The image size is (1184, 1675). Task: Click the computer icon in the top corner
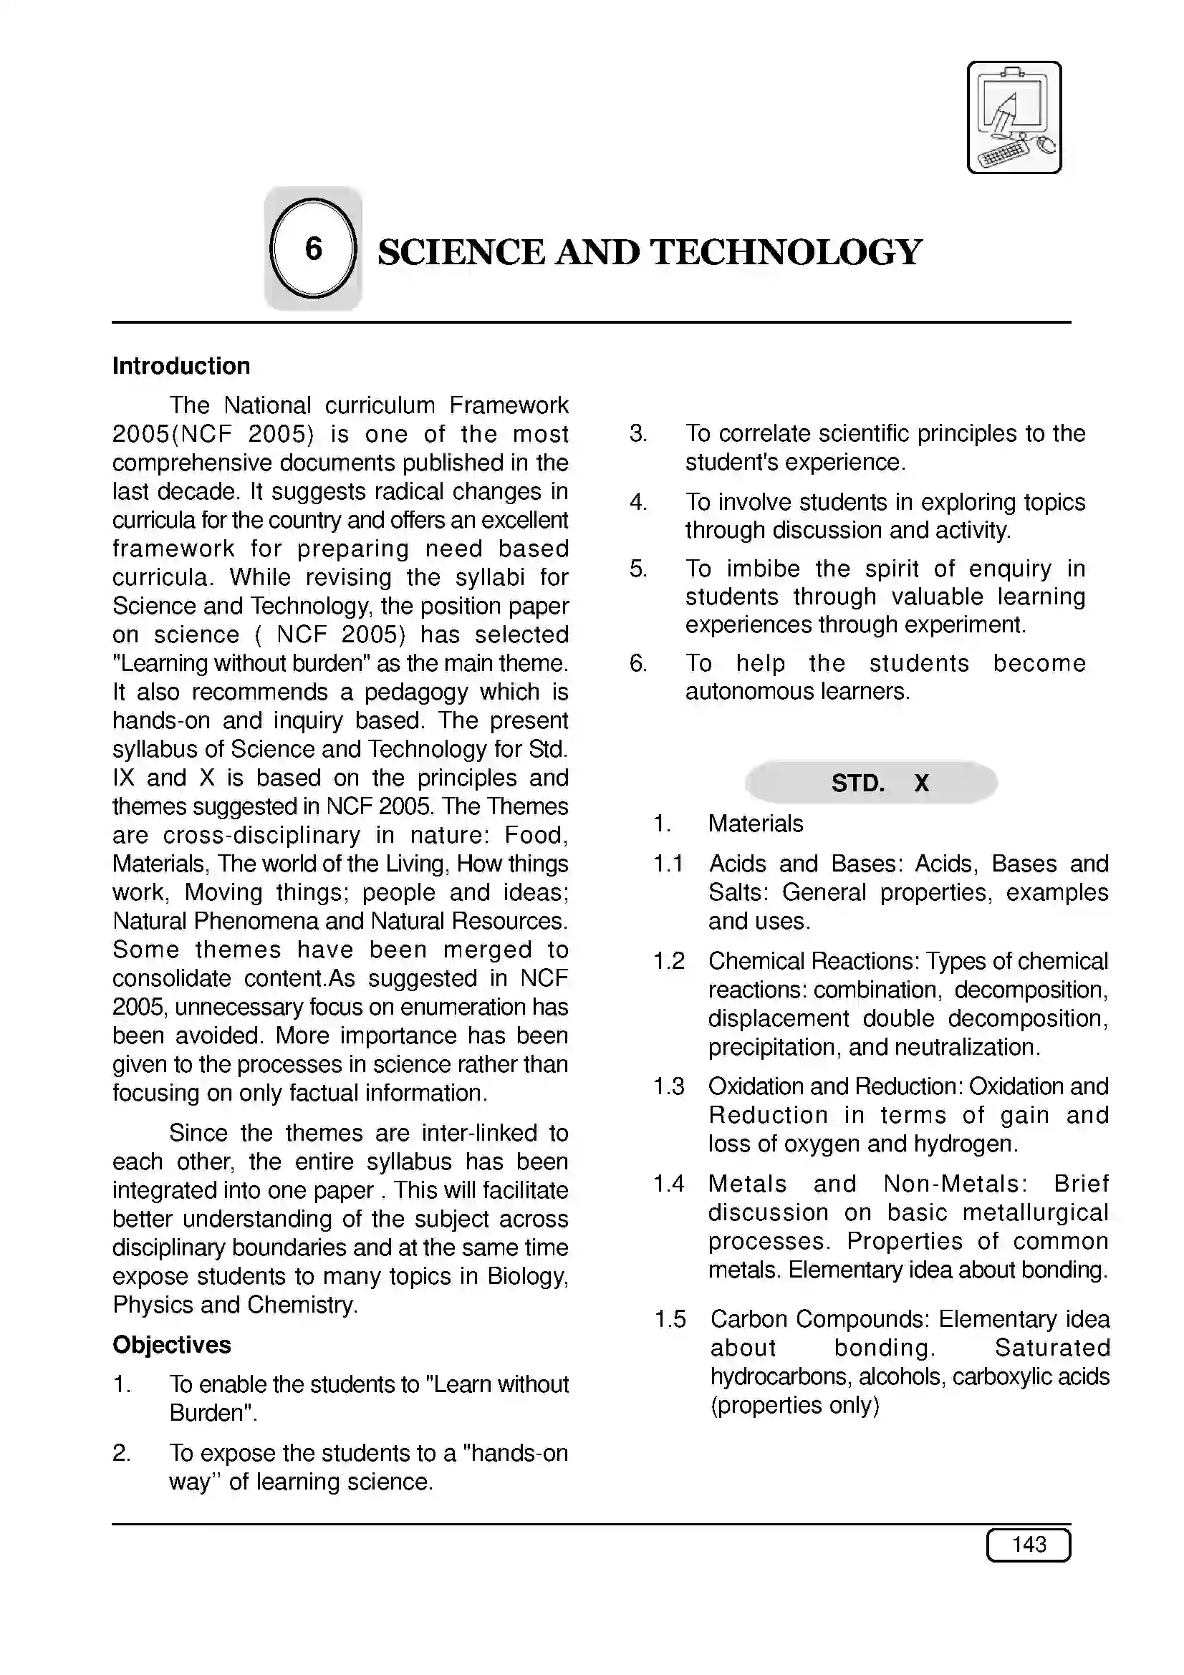click(1014, 117)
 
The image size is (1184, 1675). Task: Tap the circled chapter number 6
click(313, 248)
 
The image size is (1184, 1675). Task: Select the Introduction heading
click(181, 365)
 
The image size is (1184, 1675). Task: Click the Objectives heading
click(171, 1345)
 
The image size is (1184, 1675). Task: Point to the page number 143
click(1028, 1545)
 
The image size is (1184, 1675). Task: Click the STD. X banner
click(871, 783)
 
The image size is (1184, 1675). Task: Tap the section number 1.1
click(668, 864)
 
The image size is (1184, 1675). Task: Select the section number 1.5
click(670, 1319)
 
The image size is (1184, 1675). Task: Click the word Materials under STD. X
click(755, 824)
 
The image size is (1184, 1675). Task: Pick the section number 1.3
click(668, 1086)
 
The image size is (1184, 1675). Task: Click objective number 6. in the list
click(637, 663)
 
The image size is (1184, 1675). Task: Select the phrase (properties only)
click(794, 1405)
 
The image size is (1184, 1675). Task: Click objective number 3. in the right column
click(637, 433)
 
